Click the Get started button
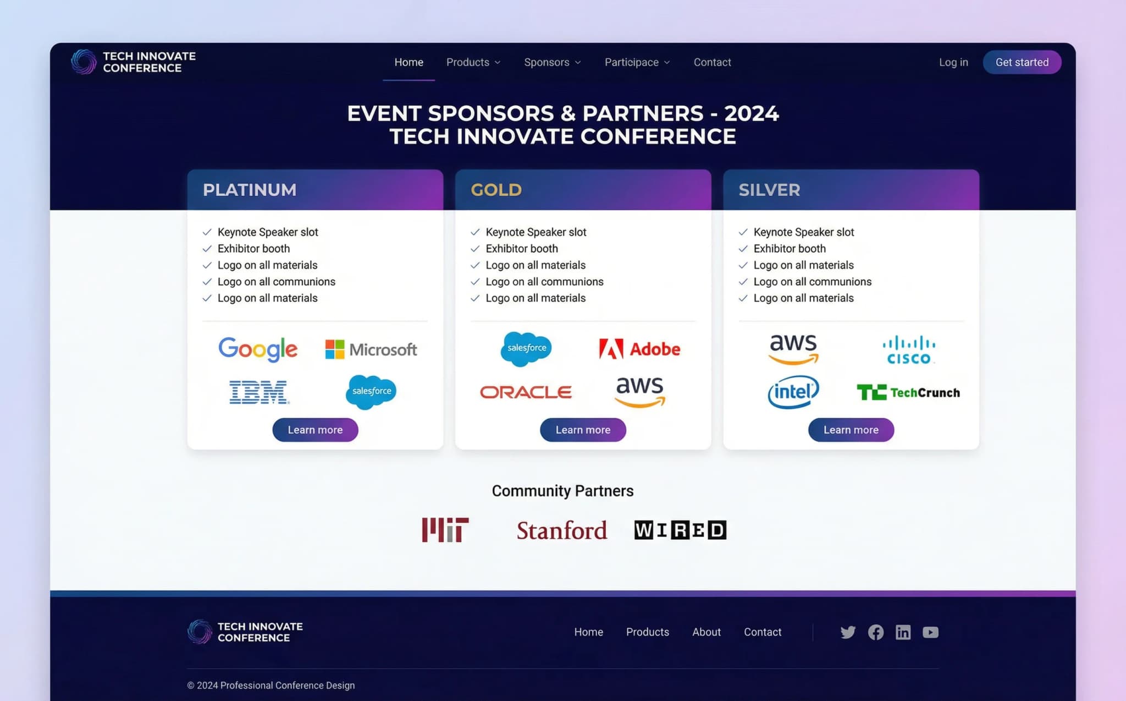coord(1022,62)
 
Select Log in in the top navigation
coord(953,62)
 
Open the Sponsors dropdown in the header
coord(552,62)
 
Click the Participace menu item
coord(637,62)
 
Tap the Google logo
coord(258,349)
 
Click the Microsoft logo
coord(371,349)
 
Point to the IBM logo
coord(258,392)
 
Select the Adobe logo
coord(639,349)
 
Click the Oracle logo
coord(526,392)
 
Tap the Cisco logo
coord(908,350)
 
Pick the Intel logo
coord(793,392)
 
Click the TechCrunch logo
coord(908,392)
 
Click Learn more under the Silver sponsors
coord(851,430)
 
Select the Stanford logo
coord(561,530)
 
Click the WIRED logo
coord(680,530)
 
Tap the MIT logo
coord(445,530)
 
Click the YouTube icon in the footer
coord(930,632)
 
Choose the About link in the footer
coord(706,632)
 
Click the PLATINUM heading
coord(250,190)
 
